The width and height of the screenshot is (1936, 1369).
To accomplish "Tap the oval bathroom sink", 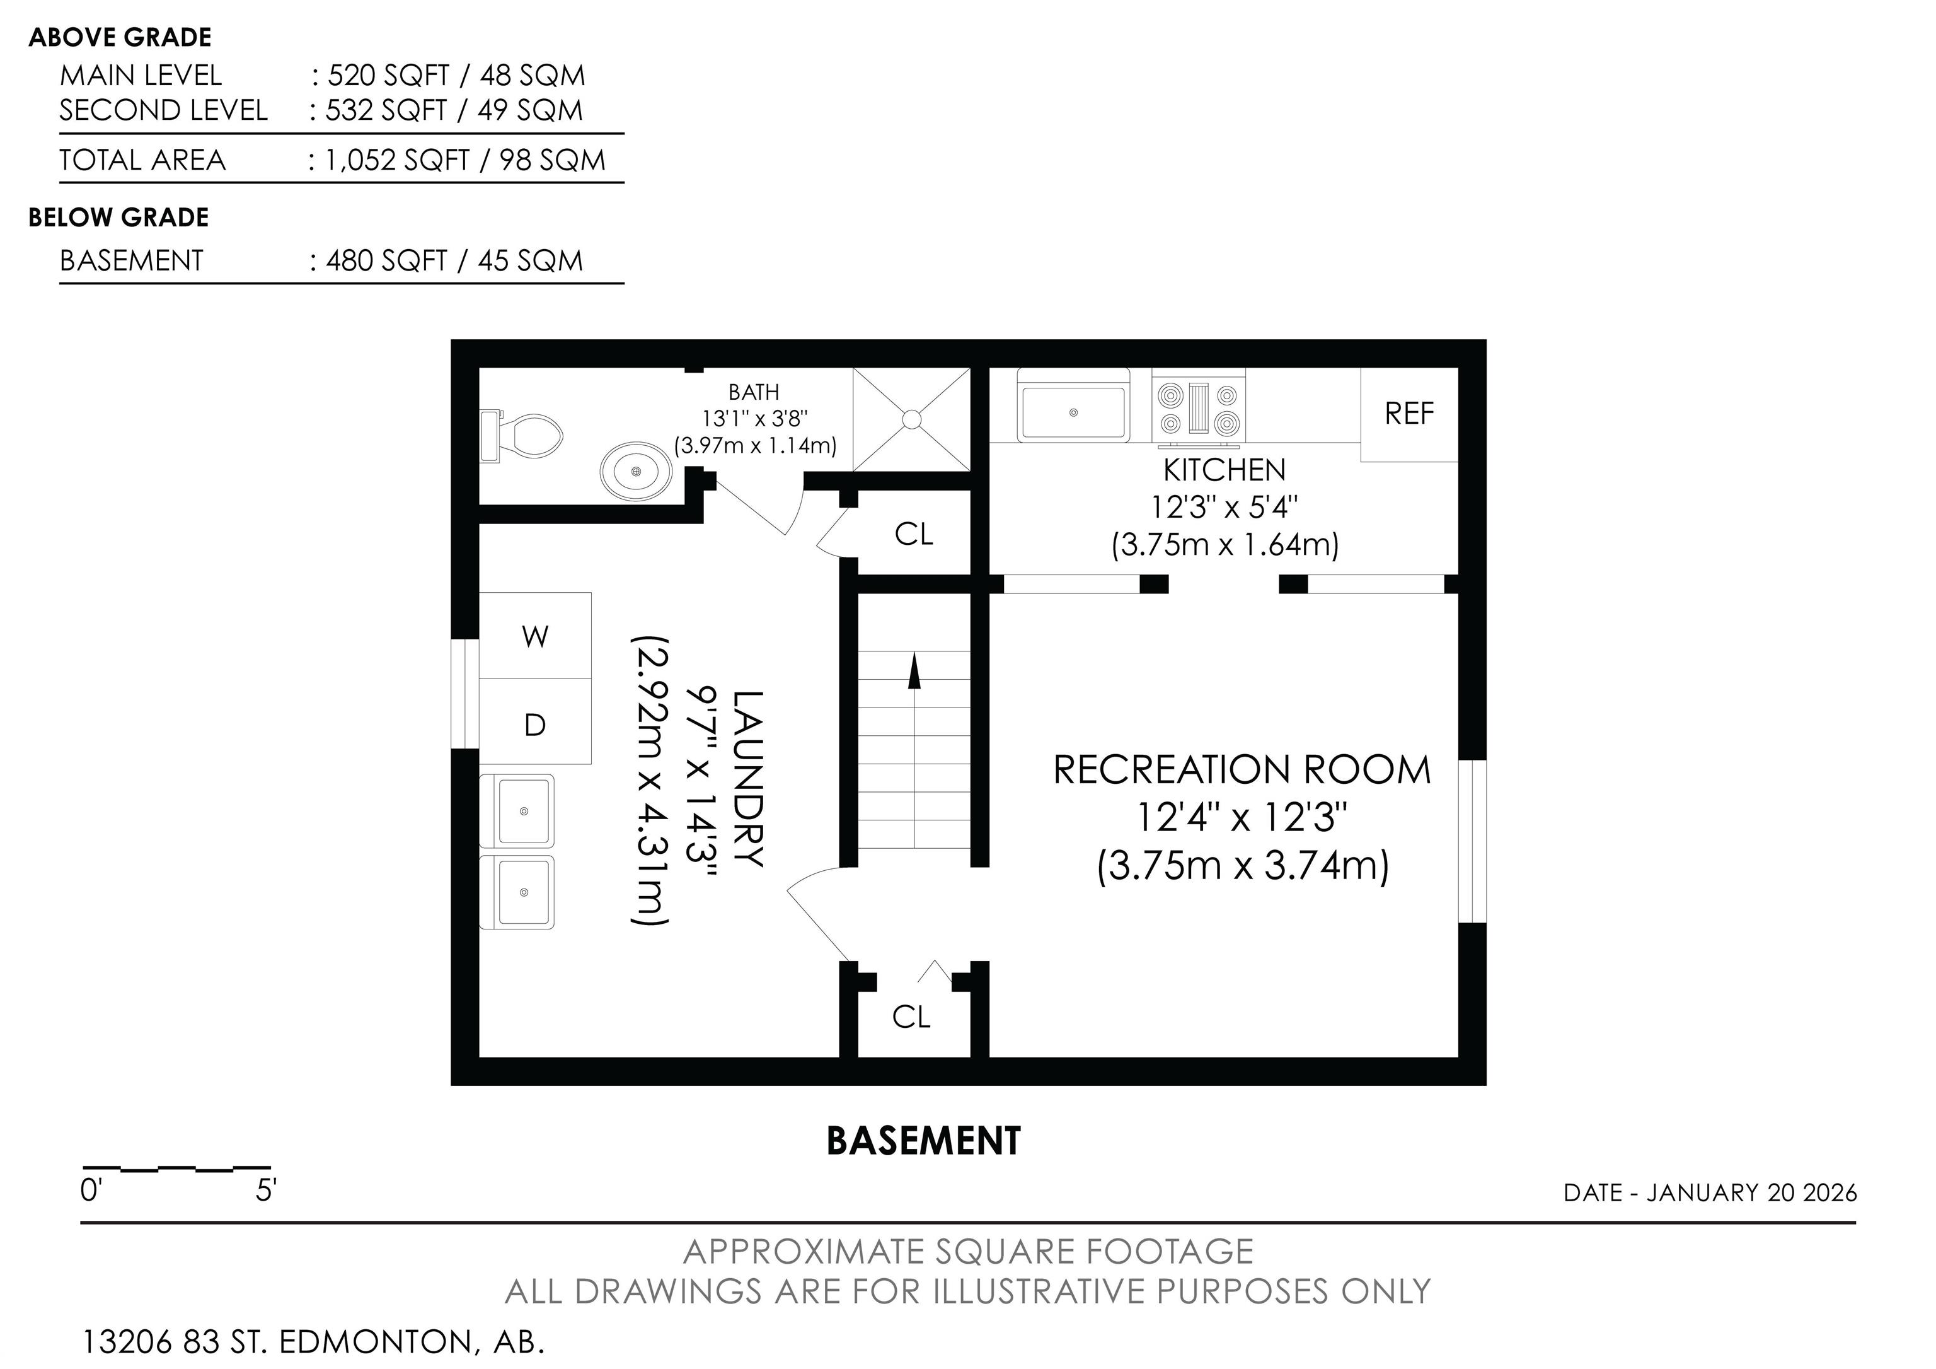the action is click(x=637, y=470).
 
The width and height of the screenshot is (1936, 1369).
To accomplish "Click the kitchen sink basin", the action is click(x=1073, y=412).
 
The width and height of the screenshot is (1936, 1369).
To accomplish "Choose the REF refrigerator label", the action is click(x=1409, y=413).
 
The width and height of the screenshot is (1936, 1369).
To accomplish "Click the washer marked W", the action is click(x=536, y=635).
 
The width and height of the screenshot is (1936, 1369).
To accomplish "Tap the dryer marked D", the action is click(x=536, y=723).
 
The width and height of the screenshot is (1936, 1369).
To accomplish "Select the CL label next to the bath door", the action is click(x=914, y=534).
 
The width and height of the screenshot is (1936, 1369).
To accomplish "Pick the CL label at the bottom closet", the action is click(x=911, y=1017).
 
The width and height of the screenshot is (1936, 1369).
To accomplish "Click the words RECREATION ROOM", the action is click(x=1242, y=770).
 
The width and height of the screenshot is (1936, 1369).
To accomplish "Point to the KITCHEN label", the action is click(x=1224, y=470).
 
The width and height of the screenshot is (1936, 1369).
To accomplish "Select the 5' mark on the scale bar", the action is click(x=267, y=1190).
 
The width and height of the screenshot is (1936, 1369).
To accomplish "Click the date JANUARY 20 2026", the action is click(x=1752, y=1192).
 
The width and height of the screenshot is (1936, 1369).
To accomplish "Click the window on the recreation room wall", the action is click(x=1472, y=841).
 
